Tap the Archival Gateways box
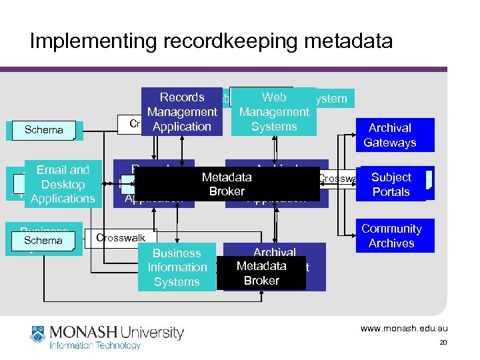coord(390,135)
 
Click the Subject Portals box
coord(391,184)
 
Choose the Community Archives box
coord(391,236)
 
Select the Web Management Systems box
coord(274,112)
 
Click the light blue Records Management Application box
coord(182,112)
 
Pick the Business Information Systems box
coord(177,267)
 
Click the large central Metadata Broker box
coord(227,184)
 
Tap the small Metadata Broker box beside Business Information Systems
coord(261,273)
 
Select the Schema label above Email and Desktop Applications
coord(43,129)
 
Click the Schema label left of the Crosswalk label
coord(43,240)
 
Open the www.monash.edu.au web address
coord(404,329)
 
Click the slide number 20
coord(443,343)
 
